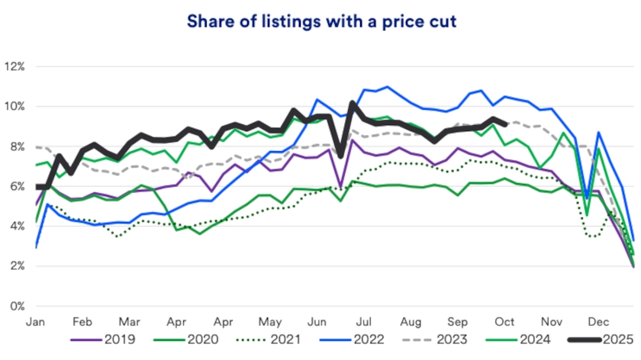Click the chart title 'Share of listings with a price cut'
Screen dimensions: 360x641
pyautogui.click(x=320, y=21)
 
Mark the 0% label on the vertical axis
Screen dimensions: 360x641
pyautogui.click(x=17, y=307)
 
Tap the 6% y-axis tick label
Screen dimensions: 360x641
pyautogui.click(x=17, y=187)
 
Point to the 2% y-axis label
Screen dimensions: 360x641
pyautogui.click(x=17, y=266)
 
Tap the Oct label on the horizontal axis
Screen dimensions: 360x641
pyautogui.click(x=505, y=322)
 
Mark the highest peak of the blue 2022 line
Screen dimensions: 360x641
pyautogui.click(x=387, y=87)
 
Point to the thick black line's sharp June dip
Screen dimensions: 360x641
pyautogui.click(x=340, y=156)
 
